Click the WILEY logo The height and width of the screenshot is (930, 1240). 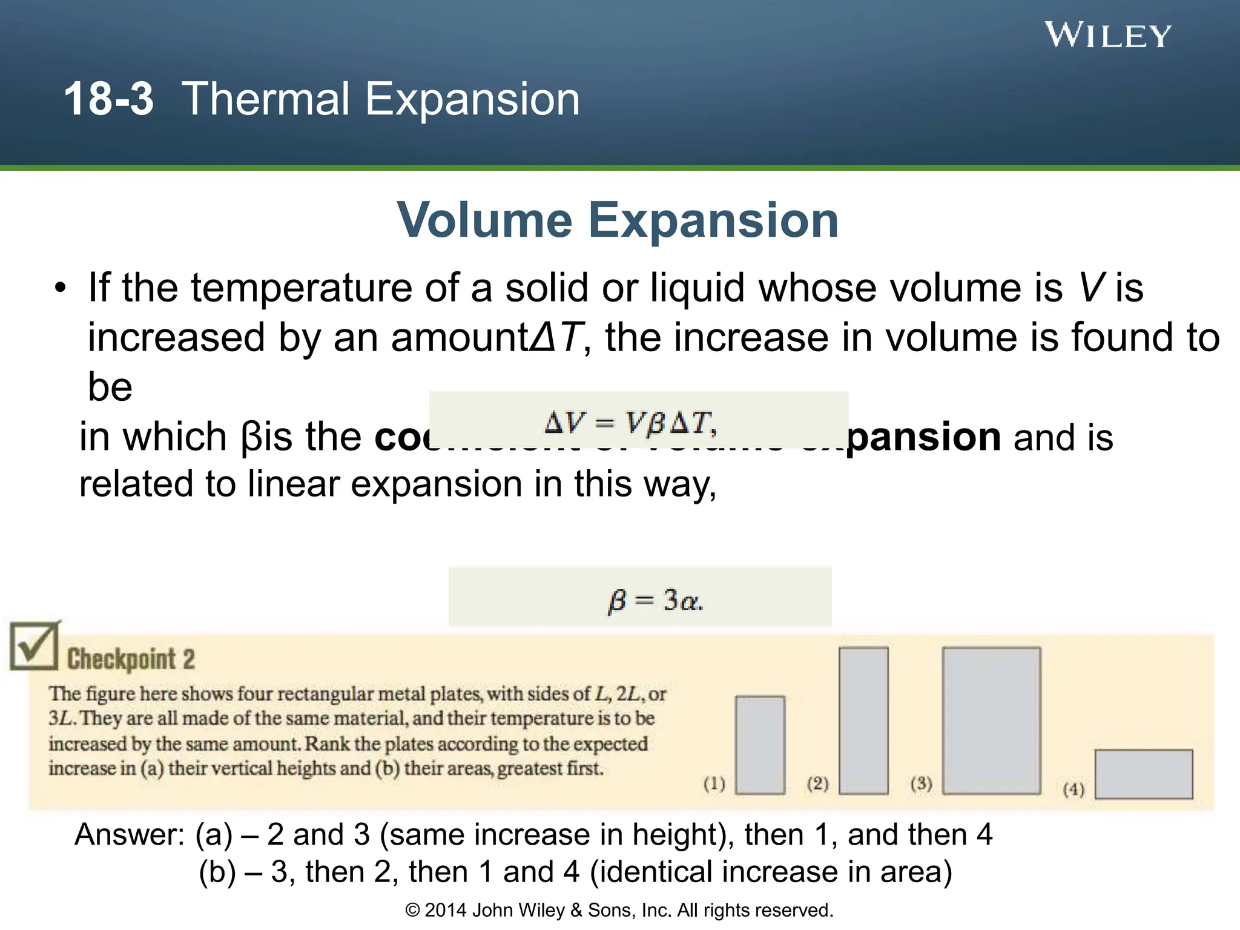click(1107, 35)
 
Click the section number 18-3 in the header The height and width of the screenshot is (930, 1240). click(108, 99)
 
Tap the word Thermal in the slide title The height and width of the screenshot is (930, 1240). click(266, 99)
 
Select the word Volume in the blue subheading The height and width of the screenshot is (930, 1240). click(484, 220)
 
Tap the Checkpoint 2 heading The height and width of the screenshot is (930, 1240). click(131, 659)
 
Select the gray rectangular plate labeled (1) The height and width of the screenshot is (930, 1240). click(760, 745)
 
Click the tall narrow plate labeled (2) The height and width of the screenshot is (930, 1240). click(863, 720)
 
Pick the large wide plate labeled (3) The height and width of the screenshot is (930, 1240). click(991, 720)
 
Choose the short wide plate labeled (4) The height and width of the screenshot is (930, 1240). click(1144, 774)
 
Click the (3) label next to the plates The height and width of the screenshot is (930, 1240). click(921, 783)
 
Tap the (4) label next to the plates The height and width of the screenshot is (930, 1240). click(1073, 789)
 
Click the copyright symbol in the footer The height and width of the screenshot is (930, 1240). click(412, 910)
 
